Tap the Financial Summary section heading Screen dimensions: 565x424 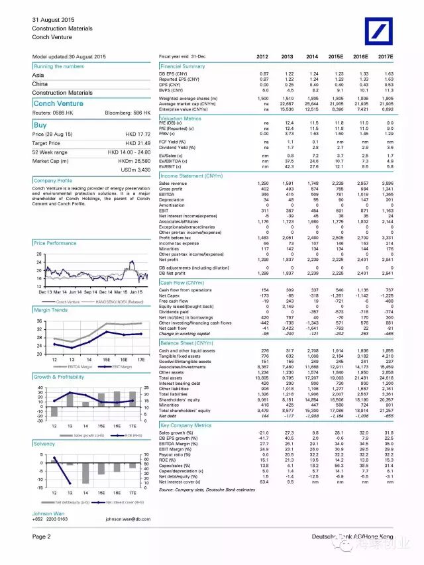[183, 66]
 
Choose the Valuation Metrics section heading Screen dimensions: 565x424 [181, 119]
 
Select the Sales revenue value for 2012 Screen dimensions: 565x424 [263, 182]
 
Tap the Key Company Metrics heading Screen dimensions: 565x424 [185, 425]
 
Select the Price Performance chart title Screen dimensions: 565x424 [55, 243]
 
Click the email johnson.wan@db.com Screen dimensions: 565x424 [128, 519]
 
